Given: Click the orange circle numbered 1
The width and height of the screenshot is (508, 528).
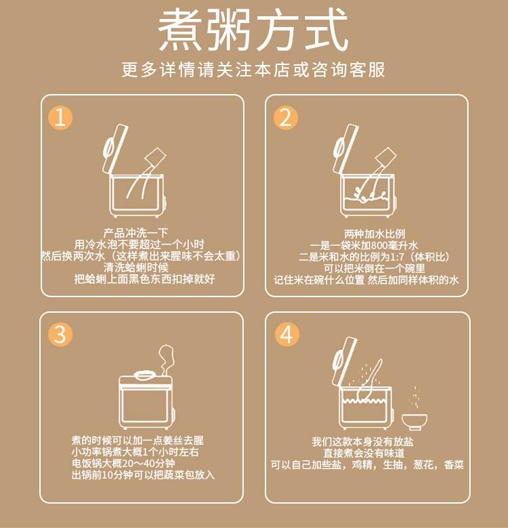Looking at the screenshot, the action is coord(60,117).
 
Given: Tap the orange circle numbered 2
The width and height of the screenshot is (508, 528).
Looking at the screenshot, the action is coord(286,117).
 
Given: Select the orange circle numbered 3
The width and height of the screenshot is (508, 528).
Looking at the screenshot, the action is coord(60,334).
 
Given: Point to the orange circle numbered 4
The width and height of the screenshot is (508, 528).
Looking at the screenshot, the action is coord(287,334).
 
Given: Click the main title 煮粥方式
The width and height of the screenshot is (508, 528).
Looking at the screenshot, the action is coord(253,30).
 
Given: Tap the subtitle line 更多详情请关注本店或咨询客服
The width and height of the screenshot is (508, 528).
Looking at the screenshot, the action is coord(253,70).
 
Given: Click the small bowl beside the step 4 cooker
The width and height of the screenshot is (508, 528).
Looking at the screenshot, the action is coord(415,422).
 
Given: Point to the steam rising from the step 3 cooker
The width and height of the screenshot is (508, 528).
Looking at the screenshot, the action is coord(166,359).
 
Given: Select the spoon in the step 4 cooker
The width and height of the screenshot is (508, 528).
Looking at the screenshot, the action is coord(370,379).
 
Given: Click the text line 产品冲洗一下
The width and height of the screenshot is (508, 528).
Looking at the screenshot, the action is coord(135,233).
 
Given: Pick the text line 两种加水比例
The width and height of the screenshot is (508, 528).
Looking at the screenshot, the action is coord(375,234).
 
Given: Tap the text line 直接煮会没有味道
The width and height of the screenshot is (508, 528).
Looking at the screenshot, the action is coord(364,453).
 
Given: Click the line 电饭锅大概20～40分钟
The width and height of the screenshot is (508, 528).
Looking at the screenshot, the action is coord(123,463).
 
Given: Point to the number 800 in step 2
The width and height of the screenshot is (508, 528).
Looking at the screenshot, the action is coord(380,246).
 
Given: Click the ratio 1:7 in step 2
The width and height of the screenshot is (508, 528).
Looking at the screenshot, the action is coord(397,257).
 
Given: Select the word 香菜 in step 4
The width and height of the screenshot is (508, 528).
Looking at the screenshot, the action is coord(454,464).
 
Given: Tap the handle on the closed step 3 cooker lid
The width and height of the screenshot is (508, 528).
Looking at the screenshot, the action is coord(146,375).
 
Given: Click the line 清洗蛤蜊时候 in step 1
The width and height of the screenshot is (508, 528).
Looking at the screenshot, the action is coord(135,267).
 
